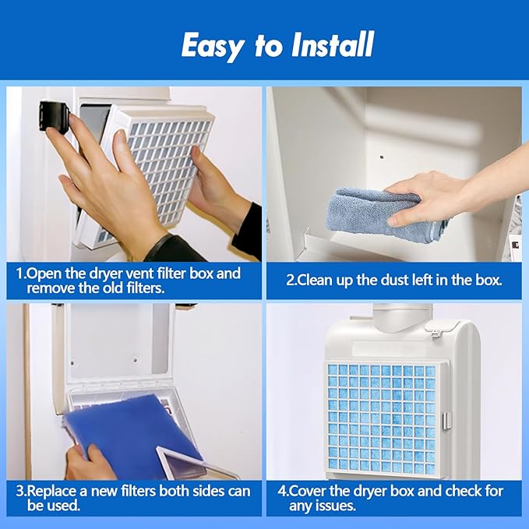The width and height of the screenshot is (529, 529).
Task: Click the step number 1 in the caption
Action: [x=20, y=274]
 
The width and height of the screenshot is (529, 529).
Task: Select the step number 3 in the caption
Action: [x=20, y=491]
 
